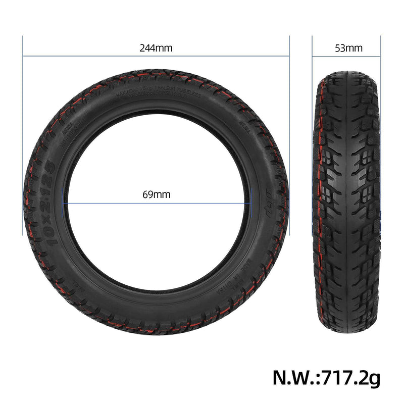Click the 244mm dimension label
click(x=156, y=48)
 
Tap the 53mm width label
click(x=348, y=48)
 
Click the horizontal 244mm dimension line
click(x=91, y=56)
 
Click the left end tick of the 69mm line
click(x=62, y=204)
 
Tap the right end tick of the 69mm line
click(x=251, y=204)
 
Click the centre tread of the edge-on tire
click(x=348, y=202)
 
